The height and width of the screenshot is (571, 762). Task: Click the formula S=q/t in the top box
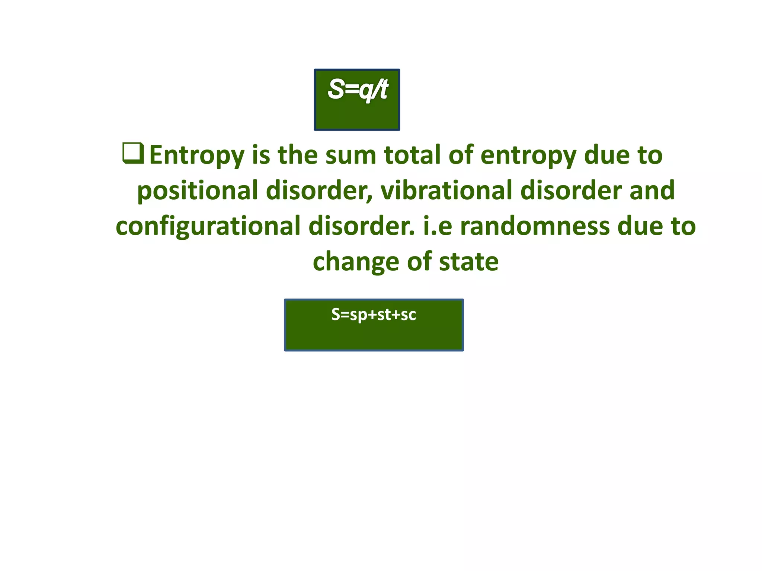(358, 90)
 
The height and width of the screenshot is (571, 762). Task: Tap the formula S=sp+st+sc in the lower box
(374, 314)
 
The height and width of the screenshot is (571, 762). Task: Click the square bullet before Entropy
(133, 154)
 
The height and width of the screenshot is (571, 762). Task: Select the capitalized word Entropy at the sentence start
(196, 156)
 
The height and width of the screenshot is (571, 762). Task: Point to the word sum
(350, 155)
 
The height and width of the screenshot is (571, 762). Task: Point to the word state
(468, 262)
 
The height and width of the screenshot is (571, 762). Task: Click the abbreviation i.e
(438, 226)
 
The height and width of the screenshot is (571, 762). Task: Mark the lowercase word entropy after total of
(528, 156)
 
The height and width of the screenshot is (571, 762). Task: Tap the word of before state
(420, 262)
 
